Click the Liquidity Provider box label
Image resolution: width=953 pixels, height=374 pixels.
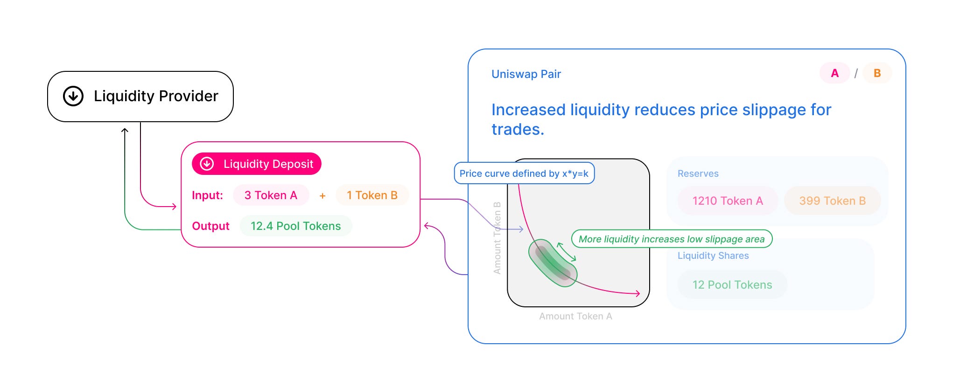pos(156,96)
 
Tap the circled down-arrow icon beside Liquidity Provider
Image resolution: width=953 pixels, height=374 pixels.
pos(73,96)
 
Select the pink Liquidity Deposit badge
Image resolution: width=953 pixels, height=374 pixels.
pos(257,164)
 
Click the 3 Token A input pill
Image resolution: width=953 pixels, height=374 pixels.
pos(271,195)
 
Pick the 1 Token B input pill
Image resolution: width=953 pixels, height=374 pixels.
pos(372,195)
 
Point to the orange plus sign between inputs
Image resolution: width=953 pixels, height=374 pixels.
pos(322,196)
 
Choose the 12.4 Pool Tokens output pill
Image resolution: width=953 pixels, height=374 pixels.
pos(295,226)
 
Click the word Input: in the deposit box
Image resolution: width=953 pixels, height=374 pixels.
pos(207,195)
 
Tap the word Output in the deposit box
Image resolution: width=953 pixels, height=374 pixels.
pos(210,226)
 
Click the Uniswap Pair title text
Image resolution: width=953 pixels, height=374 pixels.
pos(526,74)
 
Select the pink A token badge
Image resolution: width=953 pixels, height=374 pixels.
pos(834,73)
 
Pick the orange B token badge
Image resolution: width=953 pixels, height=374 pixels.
pos(877,73)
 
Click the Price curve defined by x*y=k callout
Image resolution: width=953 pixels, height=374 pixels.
pos(524,173)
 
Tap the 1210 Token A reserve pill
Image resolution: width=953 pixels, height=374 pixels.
pos(728,201)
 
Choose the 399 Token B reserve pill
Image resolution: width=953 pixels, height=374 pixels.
pos(832,201)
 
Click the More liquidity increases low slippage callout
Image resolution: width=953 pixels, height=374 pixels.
pos(672,239)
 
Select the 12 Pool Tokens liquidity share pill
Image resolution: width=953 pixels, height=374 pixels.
pos(732,285)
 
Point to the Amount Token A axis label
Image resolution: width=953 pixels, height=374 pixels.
pos(575,316)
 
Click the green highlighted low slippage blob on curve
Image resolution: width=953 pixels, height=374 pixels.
pos(553,263)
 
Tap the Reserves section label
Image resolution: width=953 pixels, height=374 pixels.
pos(698,173)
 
